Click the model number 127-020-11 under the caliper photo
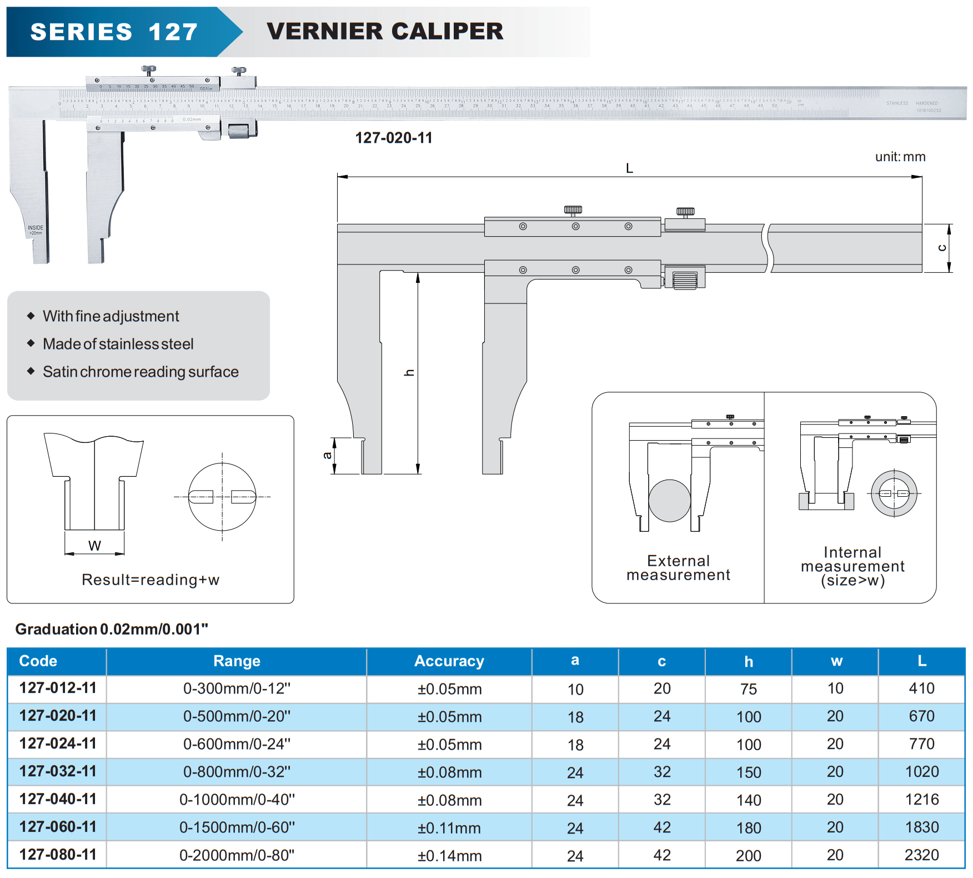[x=394, y=138]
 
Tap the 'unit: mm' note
[x=900, y=157]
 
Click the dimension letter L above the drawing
[x=629, y=168]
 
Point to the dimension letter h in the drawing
[x=409, y=373]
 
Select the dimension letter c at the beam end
[x=942, y=248]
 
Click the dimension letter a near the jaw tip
[x=327, y=456]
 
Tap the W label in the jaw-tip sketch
[x=94, y=546]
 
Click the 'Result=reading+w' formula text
[x=151, y=580]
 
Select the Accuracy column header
[x=449, y=661]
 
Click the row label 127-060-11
[x=58, y=827]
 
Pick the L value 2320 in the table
[x=921, y=855]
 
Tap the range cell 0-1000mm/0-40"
[x=237, y=800]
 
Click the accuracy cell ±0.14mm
[x=449, y=856]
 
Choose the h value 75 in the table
[x=748, y=689]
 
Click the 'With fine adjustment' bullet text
[x=111, y=316]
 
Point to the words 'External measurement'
[x=678, y=568]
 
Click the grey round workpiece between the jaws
[x=669, y=501]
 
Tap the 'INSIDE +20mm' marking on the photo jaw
[x=36, y=230]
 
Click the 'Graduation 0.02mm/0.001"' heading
[x=112, y=629]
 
